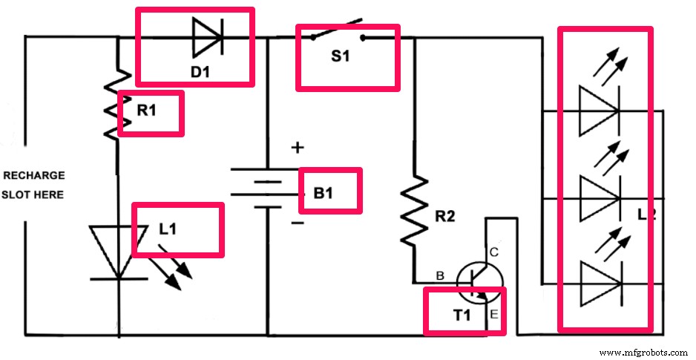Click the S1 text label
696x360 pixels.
(340, 57)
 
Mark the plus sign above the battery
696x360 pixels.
(298, 148)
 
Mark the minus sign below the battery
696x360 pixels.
(298, 222)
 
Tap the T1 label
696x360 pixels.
(462, 315)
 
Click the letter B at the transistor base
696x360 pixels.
(440, 276)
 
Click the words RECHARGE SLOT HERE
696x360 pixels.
(34, 185)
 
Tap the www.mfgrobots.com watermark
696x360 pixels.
(643, 352)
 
